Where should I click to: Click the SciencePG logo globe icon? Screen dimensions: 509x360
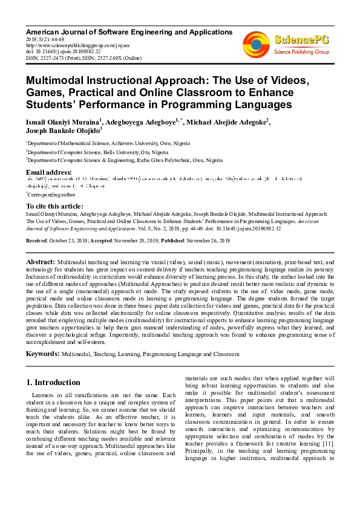pos(257,44)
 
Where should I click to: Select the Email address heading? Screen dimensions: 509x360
pos(48,173)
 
